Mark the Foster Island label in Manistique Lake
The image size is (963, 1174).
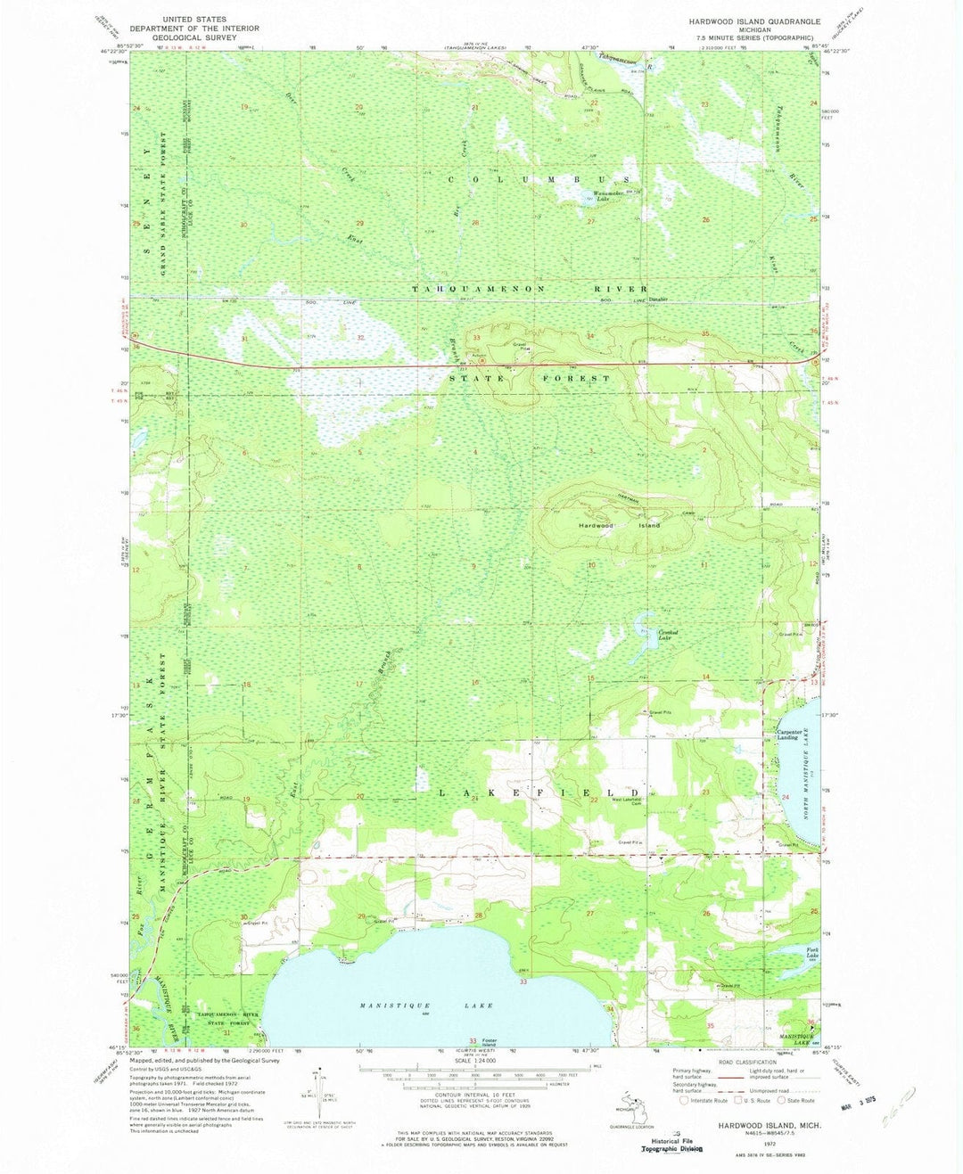489,1042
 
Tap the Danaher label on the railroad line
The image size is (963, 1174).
657,300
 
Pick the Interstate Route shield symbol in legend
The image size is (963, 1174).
685,1100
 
